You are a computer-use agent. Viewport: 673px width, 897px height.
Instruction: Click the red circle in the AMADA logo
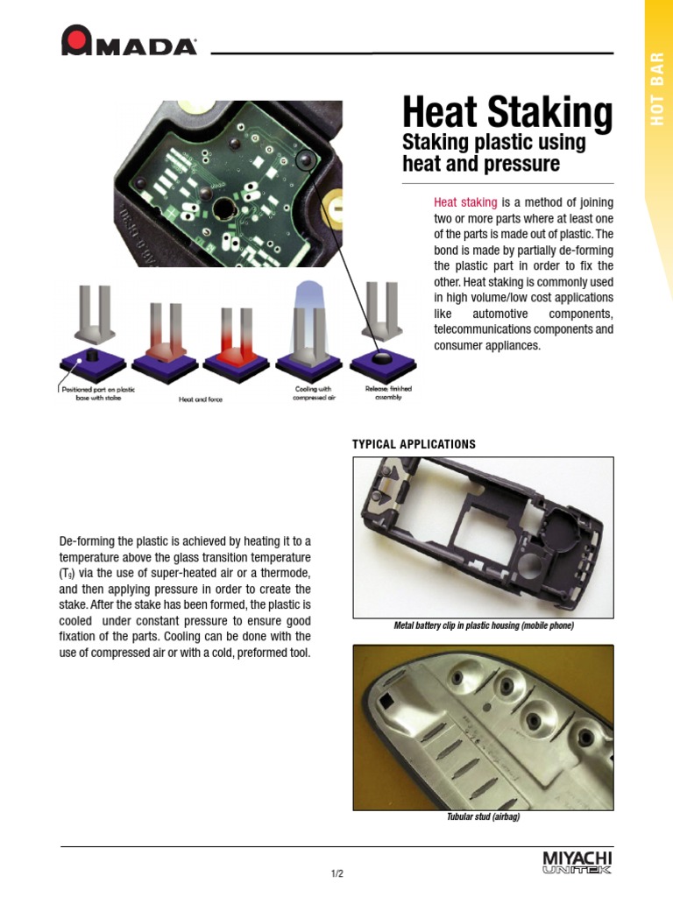point(78,40)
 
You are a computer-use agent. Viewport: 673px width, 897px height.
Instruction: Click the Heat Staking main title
point(507,113)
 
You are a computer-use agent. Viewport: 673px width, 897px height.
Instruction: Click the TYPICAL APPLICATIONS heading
point(414,444)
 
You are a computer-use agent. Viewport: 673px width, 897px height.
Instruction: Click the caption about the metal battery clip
point(483,626)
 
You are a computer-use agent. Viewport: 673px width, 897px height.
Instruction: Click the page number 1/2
point(336,873)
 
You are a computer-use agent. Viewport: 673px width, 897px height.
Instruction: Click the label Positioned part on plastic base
point(96,392)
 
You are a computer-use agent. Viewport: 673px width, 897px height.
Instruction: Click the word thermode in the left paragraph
point(284,573)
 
